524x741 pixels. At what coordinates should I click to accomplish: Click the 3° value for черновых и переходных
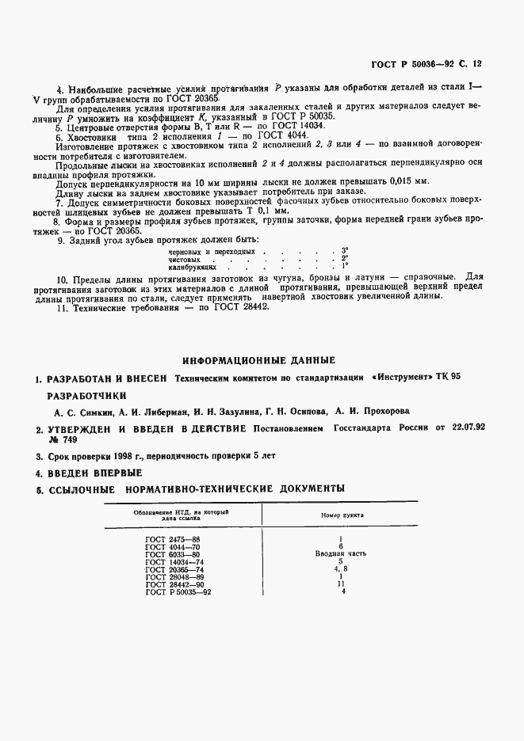coord(345,250)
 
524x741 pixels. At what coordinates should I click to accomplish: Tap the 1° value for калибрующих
coord(345,266)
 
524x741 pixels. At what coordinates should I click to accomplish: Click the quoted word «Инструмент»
coord(401,378)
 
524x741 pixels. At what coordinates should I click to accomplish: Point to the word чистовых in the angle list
coord(184,259)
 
